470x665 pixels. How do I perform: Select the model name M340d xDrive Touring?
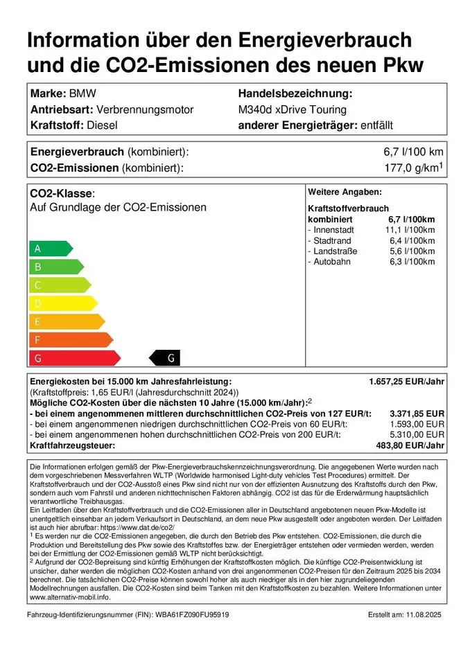[x=292, y=109]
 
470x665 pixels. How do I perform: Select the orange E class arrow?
[x=66, y=321]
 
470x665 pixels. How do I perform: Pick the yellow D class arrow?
[x=62, y=303]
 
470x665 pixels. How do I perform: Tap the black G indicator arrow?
[x=166, y=358]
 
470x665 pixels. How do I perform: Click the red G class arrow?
[x=73, y=358]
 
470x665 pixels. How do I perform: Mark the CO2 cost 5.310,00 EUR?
[x=417, y=434]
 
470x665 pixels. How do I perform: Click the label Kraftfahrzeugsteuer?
[x=72, y=445]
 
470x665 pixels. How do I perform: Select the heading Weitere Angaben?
[x=345, y=192]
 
